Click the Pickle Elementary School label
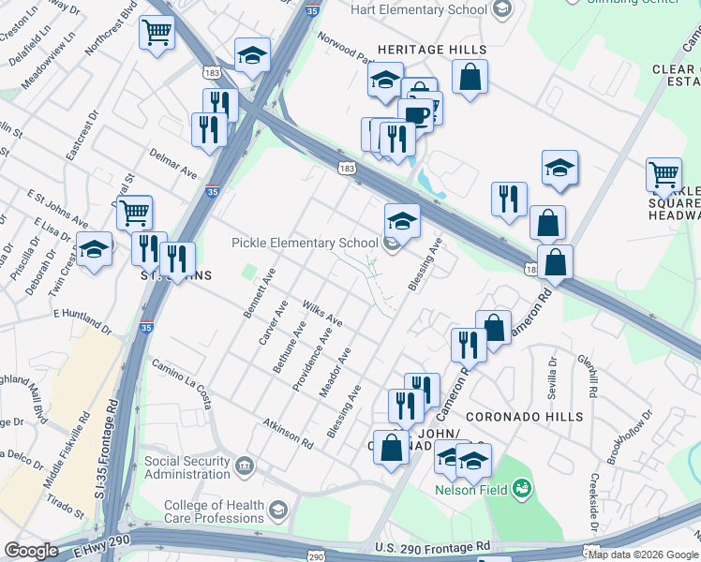[306, 244]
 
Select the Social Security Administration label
[186, 467]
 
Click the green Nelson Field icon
[522, 488]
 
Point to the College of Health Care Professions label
[214, 511]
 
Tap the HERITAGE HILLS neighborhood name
[432, 49]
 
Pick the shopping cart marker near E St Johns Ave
[135, 214]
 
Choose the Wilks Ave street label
[321, 314]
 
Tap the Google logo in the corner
[31, 551]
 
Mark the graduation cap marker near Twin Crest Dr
[93, 251]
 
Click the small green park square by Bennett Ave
[248, 273]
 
